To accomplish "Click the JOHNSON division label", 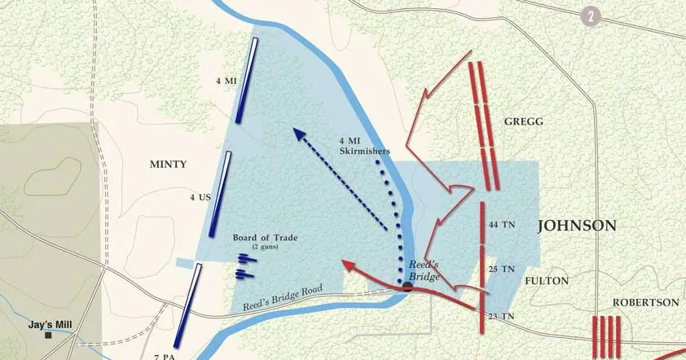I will point(577,226).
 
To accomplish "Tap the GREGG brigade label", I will point(523,121).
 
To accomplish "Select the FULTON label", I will point(547,281).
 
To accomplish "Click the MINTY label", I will point(168,165).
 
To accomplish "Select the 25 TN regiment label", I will point(501,269).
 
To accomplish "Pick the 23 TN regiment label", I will point(502,316).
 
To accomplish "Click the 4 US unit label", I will point(200,197).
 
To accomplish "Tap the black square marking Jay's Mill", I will point(49,335).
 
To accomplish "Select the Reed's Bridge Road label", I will point(284,298).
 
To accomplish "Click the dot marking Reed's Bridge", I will point(407,287).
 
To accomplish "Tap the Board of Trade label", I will point(265,238).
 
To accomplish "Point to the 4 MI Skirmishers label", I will point(365,146).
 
